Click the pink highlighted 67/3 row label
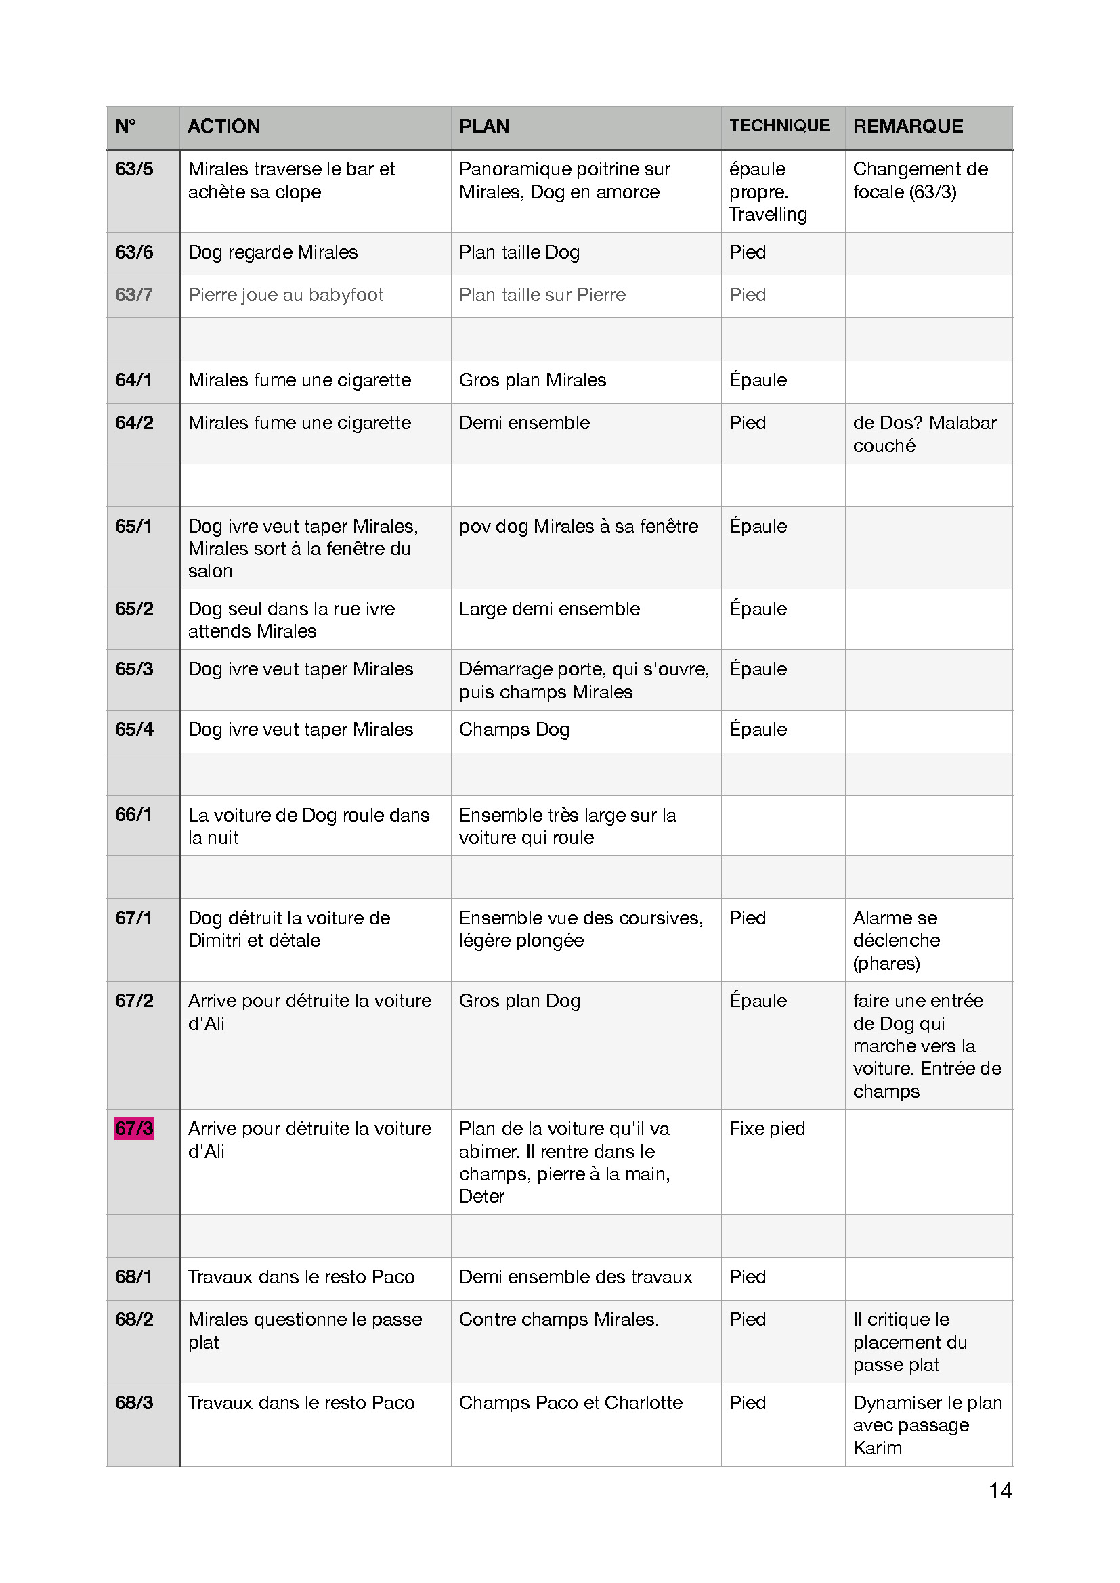(134, 1129)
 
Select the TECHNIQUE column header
(779, 125)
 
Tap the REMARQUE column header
(907, 126)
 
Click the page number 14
(1000, 1490)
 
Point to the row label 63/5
(134, 169)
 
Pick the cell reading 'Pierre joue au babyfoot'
(286, 295)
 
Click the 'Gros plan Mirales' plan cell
(532, 380)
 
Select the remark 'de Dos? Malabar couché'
(924, 434)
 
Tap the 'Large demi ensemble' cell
(549, 609)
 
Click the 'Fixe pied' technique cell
(767, 1129)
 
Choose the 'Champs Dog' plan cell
(514, 730)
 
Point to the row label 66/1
(134, 814)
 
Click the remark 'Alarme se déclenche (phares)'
(896, 941)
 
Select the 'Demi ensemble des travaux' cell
(575, 1277)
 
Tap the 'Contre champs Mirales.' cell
(559, 1319)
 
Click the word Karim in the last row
(877, 1448)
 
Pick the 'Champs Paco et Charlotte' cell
(570, 1402)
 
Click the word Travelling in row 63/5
(768, 215)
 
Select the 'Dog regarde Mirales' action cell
(272, 252)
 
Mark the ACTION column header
(223, 126)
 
